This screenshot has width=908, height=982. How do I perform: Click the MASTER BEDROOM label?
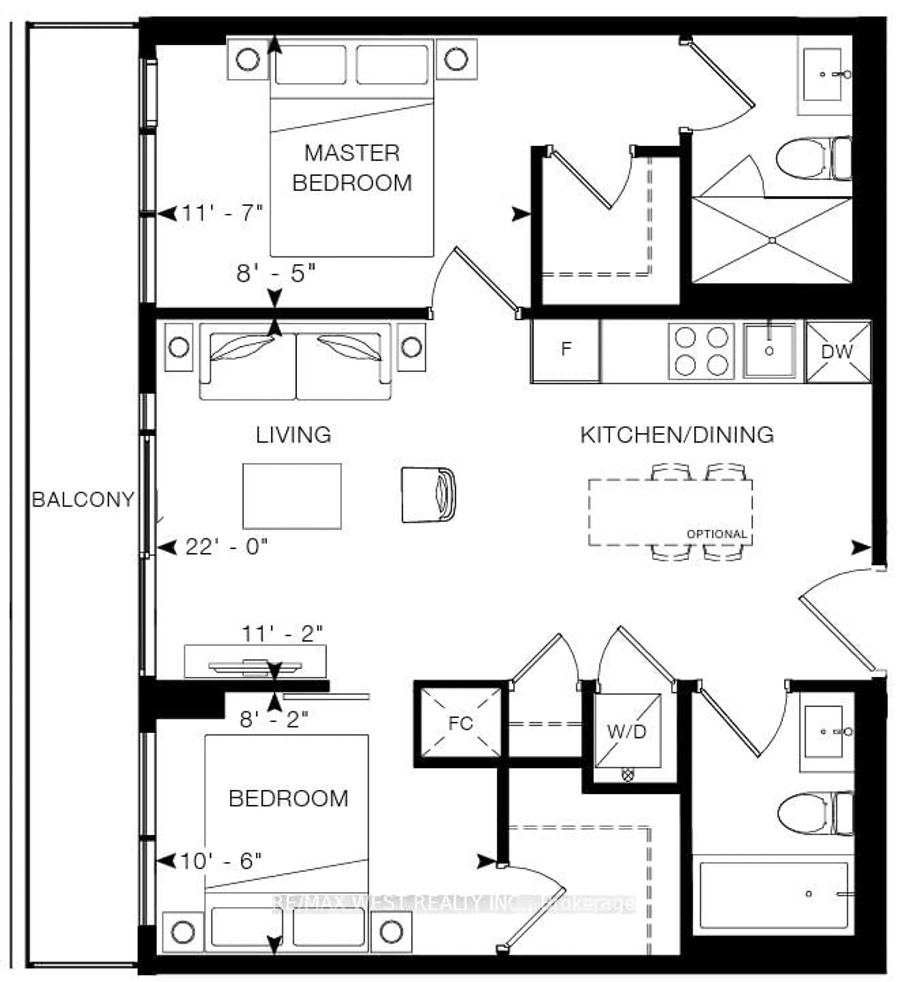pos(352,168)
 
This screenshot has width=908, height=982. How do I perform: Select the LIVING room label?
pos(293,435)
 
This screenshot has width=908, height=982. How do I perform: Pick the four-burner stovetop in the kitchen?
pos(701,351)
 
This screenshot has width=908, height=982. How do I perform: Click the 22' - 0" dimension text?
pos(227,547)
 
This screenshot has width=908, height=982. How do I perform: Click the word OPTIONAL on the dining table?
pos(716,534)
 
